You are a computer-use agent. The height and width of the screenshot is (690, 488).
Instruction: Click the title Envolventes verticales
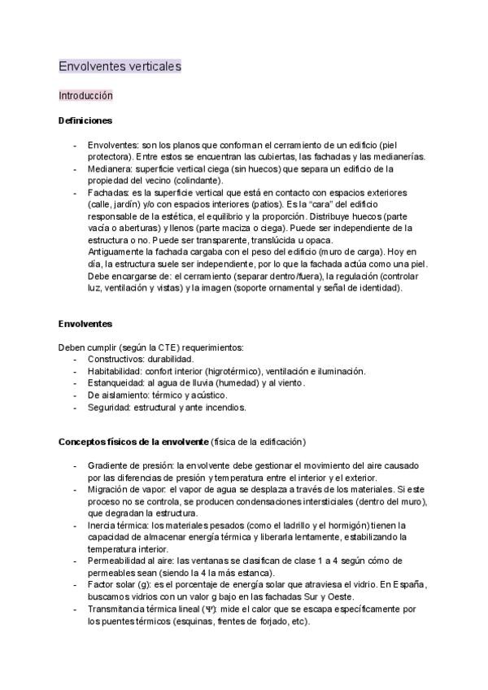120,65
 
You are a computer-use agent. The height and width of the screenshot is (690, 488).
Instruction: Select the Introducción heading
85,95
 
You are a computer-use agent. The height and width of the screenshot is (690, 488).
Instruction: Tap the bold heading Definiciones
85,120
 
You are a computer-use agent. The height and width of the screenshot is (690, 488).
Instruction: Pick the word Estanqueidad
117,382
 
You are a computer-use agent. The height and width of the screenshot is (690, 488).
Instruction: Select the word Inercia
102,526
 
